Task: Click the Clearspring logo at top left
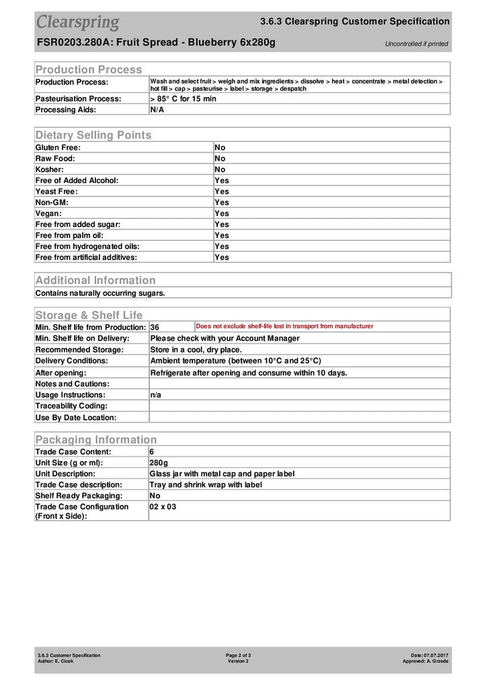(77, 22)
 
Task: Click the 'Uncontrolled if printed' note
(416, 44)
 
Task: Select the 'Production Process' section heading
(89, 69)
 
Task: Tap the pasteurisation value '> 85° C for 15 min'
(183, 98)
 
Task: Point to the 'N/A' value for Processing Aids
(157, 110)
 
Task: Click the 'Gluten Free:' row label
(58, 147)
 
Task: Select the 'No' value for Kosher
(220, 170)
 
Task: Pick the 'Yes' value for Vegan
(222, 213)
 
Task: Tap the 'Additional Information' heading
(95, 280)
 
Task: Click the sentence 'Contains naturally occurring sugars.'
(100, 293)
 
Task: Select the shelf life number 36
(155, 327)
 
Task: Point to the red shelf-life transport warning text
(284, 326)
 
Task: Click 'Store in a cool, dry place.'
(196, 350)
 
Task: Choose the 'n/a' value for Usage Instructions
(156, 395)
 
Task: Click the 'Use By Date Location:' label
(76, 417)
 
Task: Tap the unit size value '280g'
(159, 463)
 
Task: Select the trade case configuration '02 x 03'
(163, 507)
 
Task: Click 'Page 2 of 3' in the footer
(239, 655)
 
